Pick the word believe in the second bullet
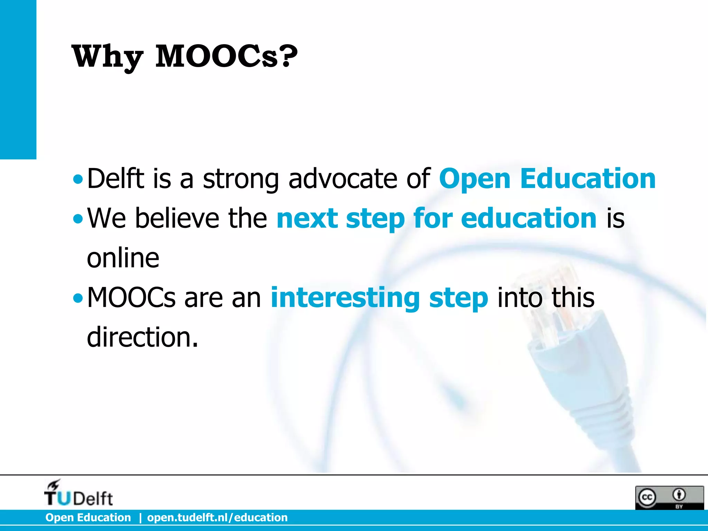(177, 218)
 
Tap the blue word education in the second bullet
(529, 218)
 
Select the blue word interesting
(345, 298)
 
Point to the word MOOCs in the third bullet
(131, 298)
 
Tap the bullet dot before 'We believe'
(78, 219)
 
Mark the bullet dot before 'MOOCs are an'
(78, 298)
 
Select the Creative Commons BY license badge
(669, 497)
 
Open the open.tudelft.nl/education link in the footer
(217, 518)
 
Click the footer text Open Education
(88, 518)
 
